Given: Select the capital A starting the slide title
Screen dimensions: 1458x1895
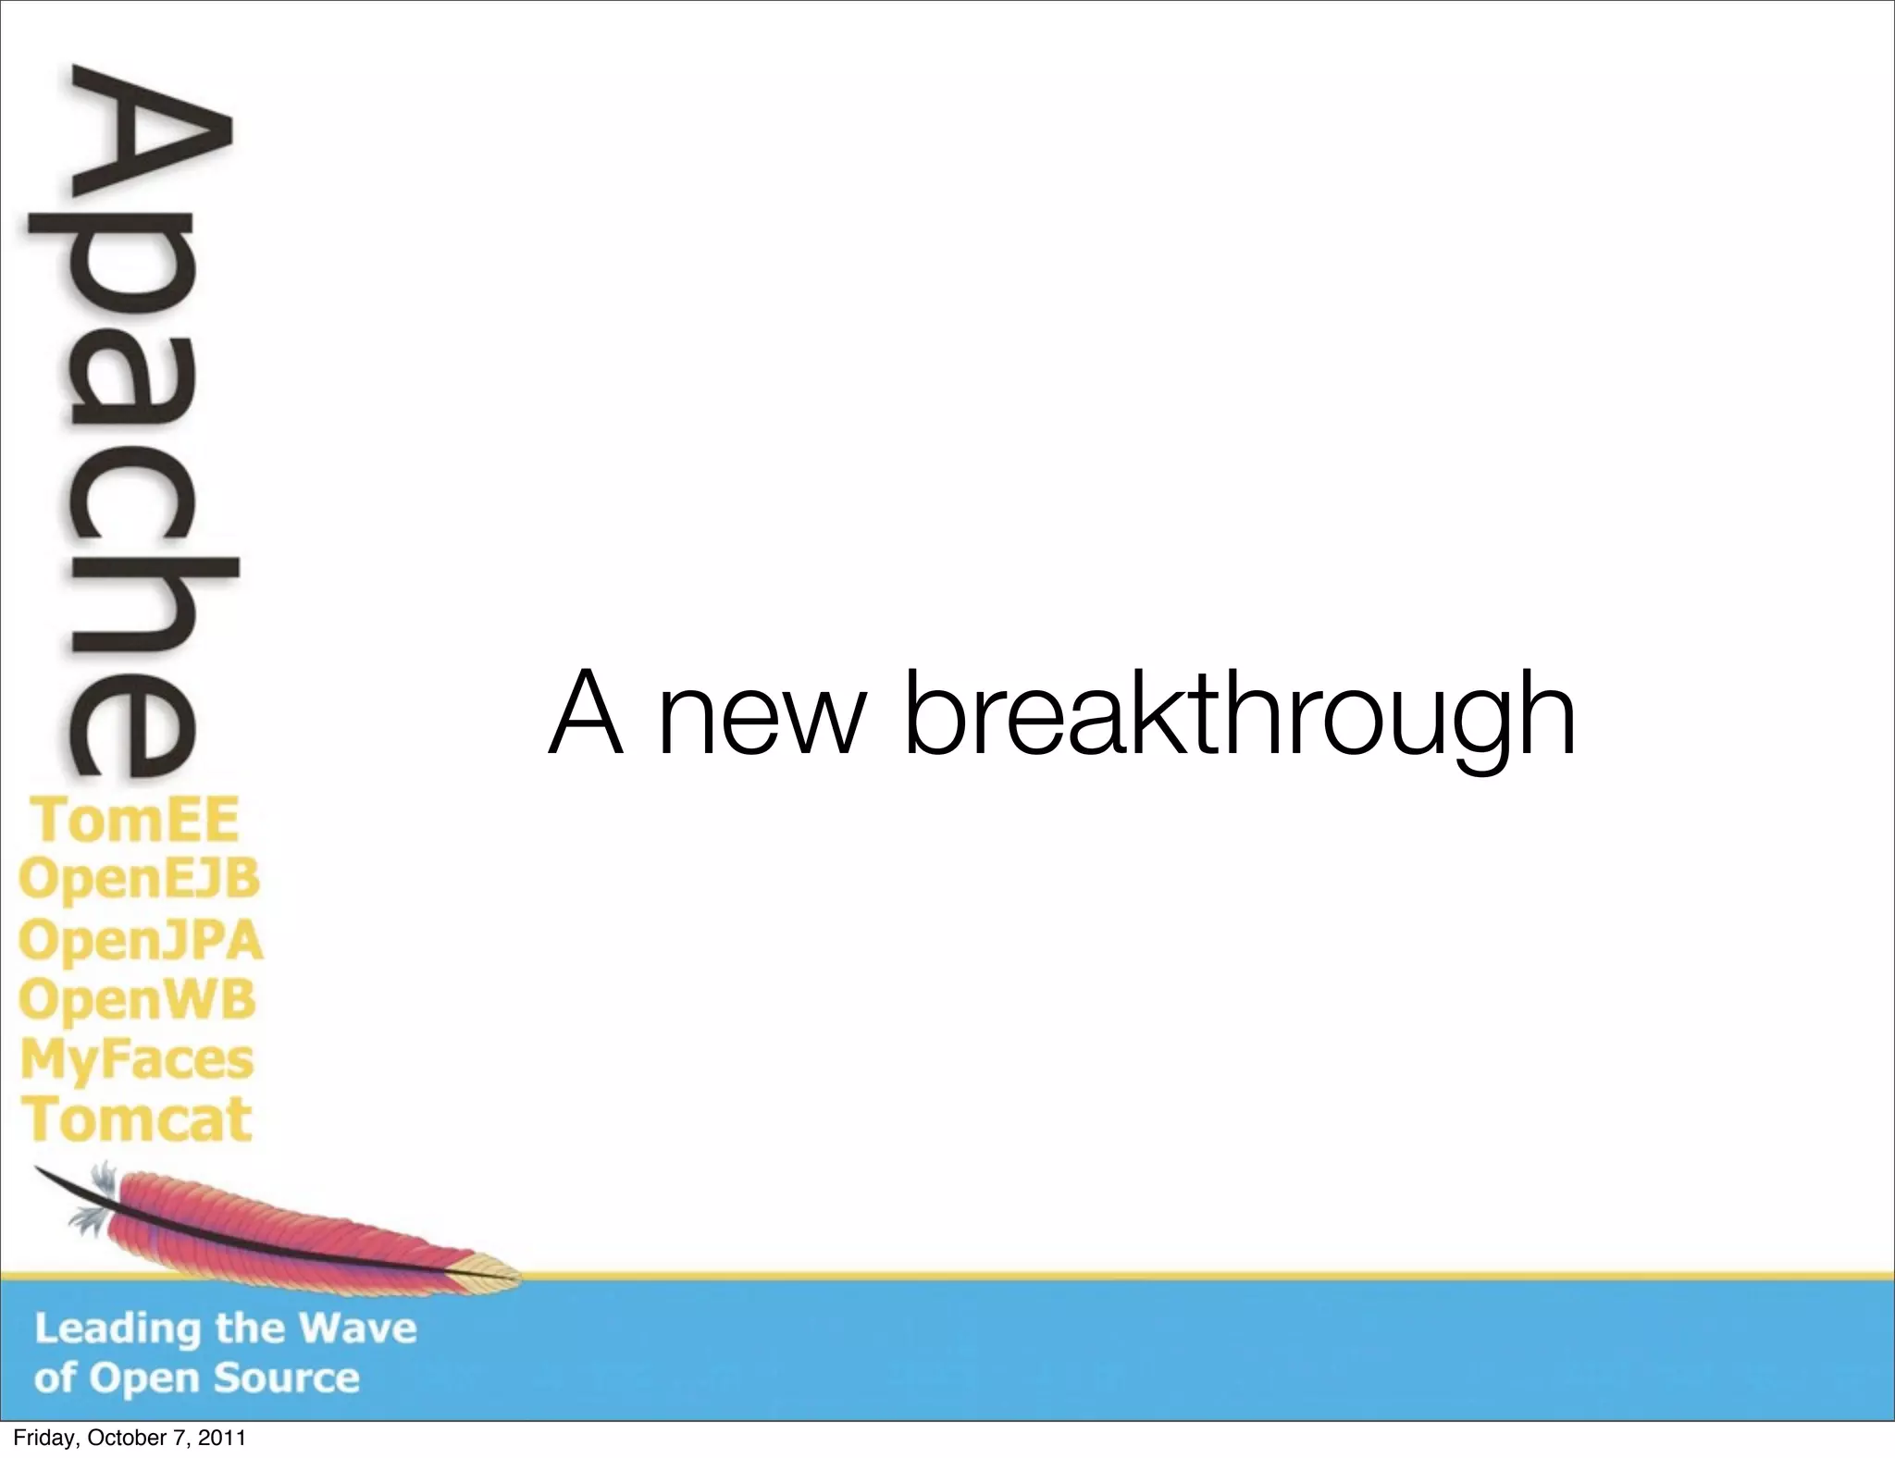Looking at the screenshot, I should [585, 712].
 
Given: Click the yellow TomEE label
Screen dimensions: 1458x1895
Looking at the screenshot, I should [136, 820].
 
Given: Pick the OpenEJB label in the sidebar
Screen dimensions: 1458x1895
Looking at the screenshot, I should [139, 880].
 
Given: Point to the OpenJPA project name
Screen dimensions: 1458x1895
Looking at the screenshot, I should [141, 941].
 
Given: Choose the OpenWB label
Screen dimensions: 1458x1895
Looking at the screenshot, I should [137, 1000].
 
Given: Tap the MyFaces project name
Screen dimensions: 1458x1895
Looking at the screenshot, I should [136, 1059].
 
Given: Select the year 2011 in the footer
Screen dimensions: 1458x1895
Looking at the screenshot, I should [225, 1439].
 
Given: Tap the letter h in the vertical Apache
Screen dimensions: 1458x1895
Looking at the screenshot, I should [139, 601].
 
